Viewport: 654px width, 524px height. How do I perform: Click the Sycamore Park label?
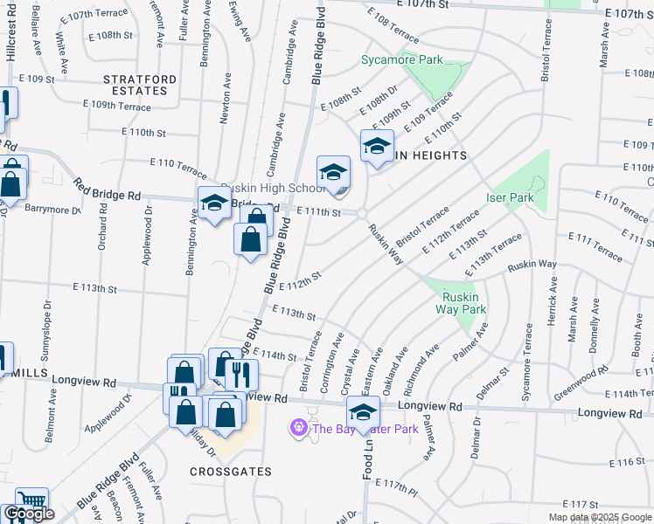coord(402,60)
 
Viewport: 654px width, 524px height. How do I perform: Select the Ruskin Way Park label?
coord(462,303)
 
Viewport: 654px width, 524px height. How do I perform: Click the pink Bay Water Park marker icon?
coord(298,428)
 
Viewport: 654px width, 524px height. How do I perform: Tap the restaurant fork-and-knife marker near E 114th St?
coord(240,375)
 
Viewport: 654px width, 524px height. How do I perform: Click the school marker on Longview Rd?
coord(363,411)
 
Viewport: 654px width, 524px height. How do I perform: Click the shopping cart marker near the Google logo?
coord(31,501)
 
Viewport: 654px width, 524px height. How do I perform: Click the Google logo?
coord(28,514)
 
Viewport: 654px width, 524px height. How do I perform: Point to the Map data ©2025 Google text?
coord(600,517)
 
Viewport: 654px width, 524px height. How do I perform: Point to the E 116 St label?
coord(626,461)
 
